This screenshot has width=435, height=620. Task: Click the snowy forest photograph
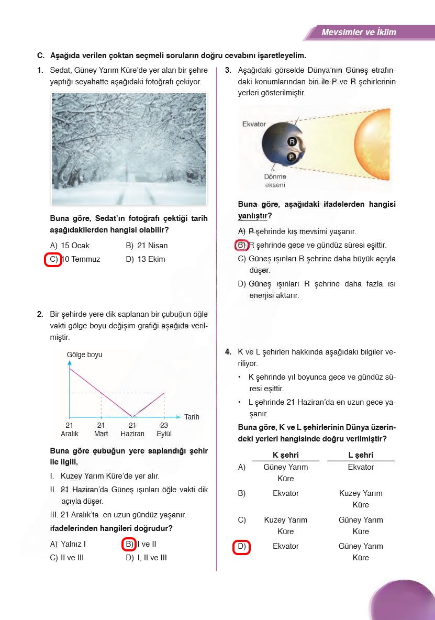pyautogui.click(x=129, y=149)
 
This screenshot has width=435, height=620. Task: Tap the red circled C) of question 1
pyautogui.click(x=53, y=259)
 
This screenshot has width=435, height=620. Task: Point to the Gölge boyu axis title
pyautogui.click(x=85, y=355)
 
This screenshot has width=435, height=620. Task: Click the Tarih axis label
pyautogui.click(x=192, y=417)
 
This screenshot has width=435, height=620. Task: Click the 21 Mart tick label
pyautogui.click(x=101, y=429)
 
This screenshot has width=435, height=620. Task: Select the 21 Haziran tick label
pyautogui.click(x=132, y=429)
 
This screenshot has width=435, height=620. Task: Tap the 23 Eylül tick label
pyautogui.click(x=164, y=429)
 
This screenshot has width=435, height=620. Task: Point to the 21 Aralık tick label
pyautogui.click(x=70, y=429)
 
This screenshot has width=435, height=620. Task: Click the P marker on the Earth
pyautogui.click(x=292, y=157)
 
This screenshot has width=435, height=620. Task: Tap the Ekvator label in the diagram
pyautogui.click(x=254, y=125)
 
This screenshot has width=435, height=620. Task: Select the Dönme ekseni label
pyautogui.click(x=275, y=181)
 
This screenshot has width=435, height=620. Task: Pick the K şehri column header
pyautogui.click(x=286, y=455)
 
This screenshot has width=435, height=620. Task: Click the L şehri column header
pyautogui.click(x=361, y=455)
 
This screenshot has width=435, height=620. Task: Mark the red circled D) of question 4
pyautogui.click(x=241, y=546)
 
